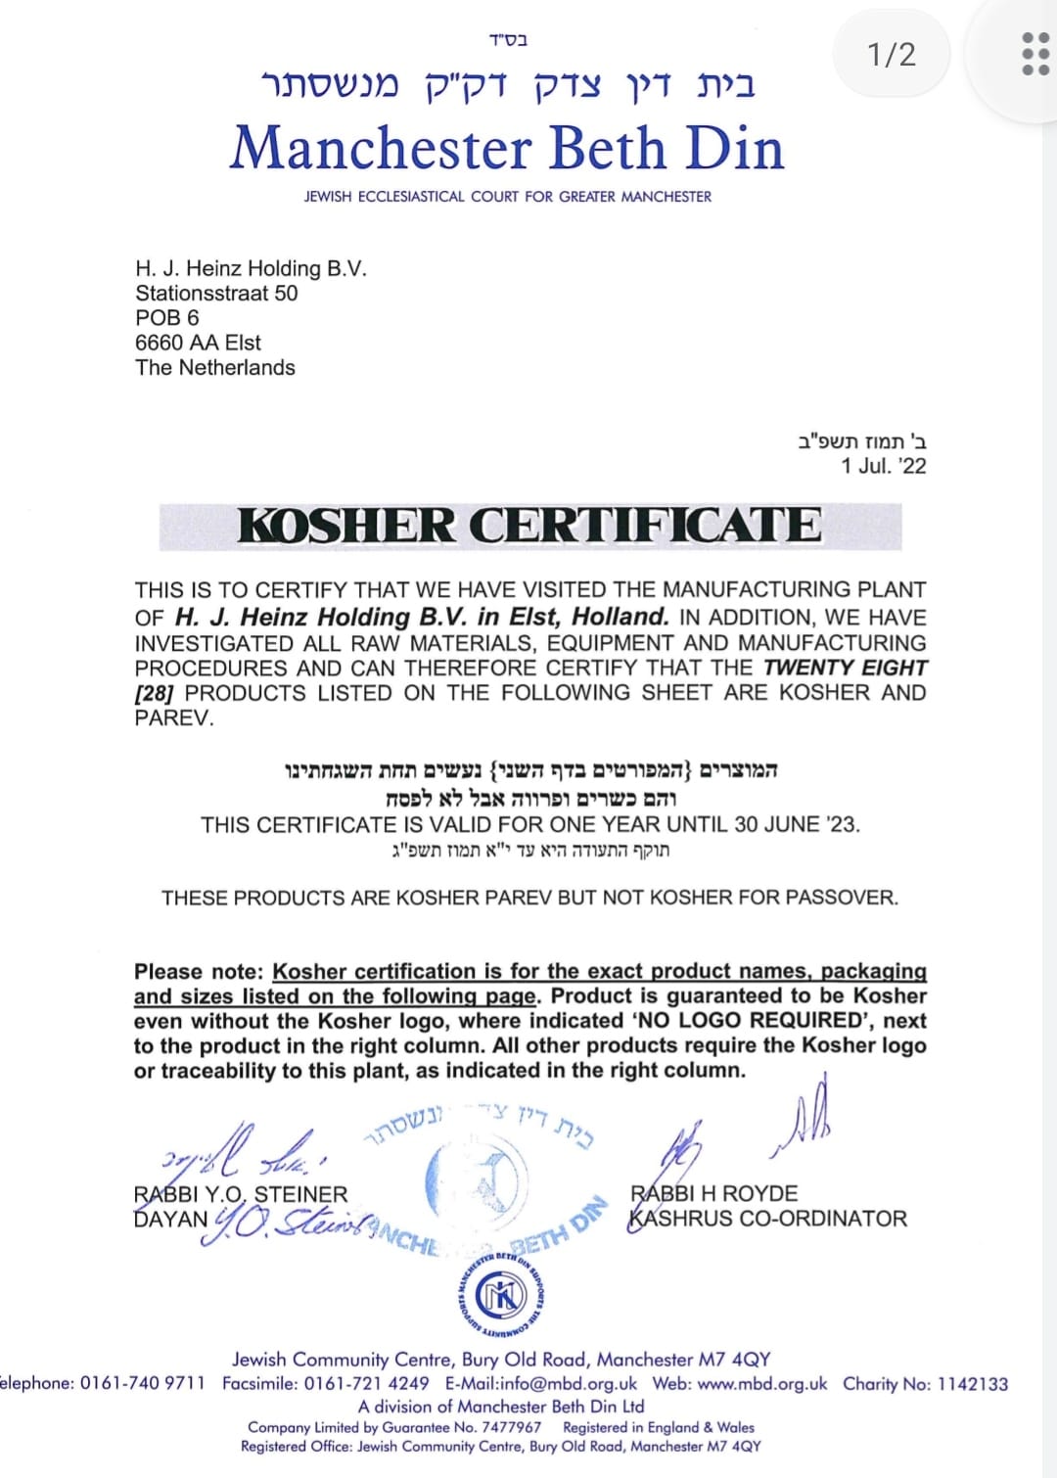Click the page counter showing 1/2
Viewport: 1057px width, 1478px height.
click(892, 54)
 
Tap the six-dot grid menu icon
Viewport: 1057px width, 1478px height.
click(1034, 54)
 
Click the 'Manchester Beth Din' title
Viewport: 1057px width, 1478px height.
click(507, 149)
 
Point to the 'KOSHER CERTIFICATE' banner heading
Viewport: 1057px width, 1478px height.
click(529, 526)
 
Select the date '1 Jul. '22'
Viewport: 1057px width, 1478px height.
click(883, 466)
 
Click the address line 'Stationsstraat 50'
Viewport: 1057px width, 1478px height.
click(216, 294)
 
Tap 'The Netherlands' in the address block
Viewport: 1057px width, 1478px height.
click(215, 368)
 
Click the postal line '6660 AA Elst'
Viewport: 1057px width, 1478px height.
click(198, 343)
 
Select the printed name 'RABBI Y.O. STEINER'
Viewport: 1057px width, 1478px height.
click(241, 1194)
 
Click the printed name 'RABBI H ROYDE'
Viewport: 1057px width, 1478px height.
click(714, 1193)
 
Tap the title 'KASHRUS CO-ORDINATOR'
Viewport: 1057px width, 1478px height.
click(768, 1219)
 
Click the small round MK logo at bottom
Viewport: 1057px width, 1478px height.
click(500, 1297)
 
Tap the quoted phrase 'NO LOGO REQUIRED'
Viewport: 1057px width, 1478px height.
click(749, 1021)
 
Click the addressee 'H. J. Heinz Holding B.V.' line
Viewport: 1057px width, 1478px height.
click(251, 268)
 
